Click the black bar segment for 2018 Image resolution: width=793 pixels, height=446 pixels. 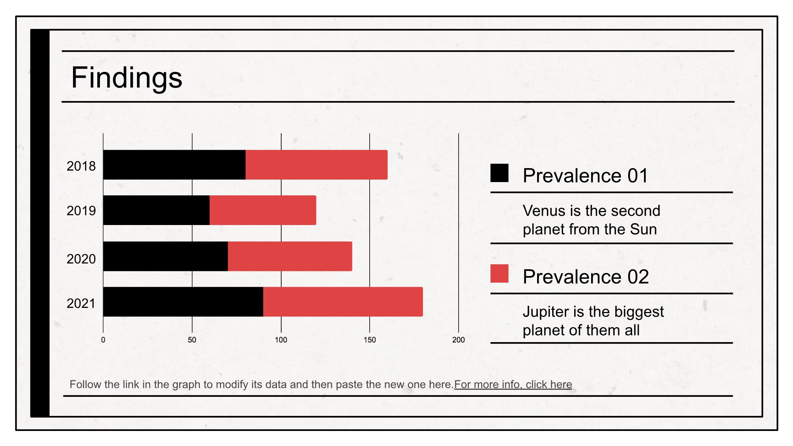pos(174,165)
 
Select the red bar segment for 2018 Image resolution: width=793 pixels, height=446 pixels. pos(316,165)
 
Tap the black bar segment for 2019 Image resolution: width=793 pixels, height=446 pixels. pos(156,210)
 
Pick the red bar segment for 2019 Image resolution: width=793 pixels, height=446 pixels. pos(263,210)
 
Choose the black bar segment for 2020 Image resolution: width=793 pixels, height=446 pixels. pos(166,256)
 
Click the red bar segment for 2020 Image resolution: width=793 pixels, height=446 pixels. pos(290,256)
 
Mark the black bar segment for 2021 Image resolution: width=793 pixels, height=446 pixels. pos(183,302)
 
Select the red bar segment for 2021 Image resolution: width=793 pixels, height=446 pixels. pos(343,302)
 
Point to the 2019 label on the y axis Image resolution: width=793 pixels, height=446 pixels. pos(81,211)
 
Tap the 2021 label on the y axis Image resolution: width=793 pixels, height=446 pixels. pos(81,304)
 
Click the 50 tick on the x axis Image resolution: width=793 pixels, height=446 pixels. pos(192,340)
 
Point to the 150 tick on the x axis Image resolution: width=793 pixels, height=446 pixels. pos(370,340)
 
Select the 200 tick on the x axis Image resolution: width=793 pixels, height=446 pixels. pos(459,340)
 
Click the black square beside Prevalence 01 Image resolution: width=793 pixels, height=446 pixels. pos(499,173)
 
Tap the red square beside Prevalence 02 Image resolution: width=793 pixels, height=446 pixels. pos(499,273)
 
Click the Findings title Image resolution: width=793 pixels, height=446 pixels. pos(127,78)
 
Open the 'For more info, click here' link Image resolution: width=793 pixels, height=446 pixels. pos(513,384)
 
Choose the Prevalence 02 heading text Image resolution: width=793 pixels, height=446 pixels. pos(586,276)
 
